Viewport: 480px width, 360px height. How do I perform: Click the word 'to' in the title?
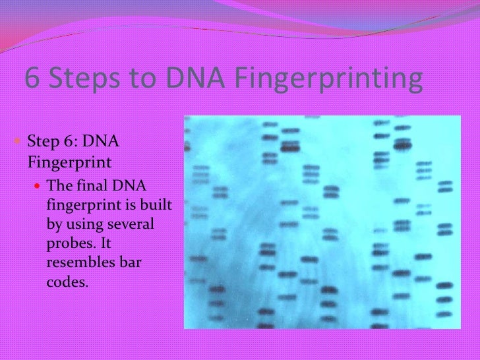[x=144, y=80]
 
